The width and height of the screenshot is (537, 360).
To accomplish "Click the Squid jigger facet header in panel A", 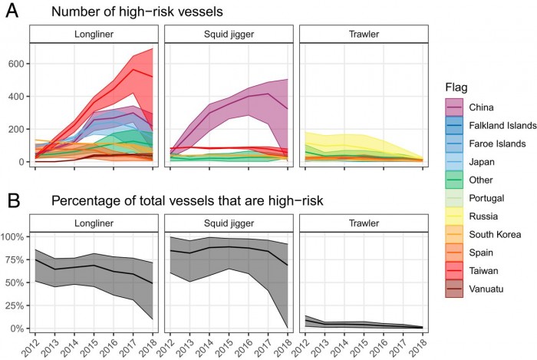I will pyautogui.click(x=227, y=35).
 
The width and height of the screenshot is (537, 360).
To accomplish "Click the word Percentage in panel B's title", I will pyautogui.click(x=84, y=202).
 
